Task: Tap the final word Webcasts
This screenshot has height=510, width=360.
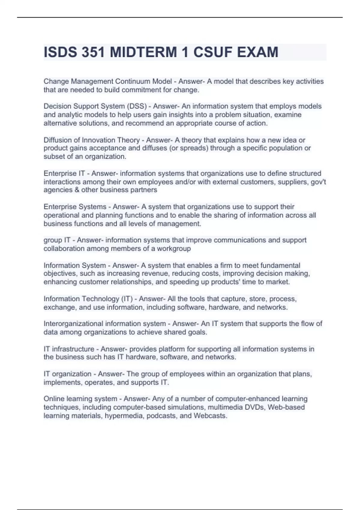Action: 210,416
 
